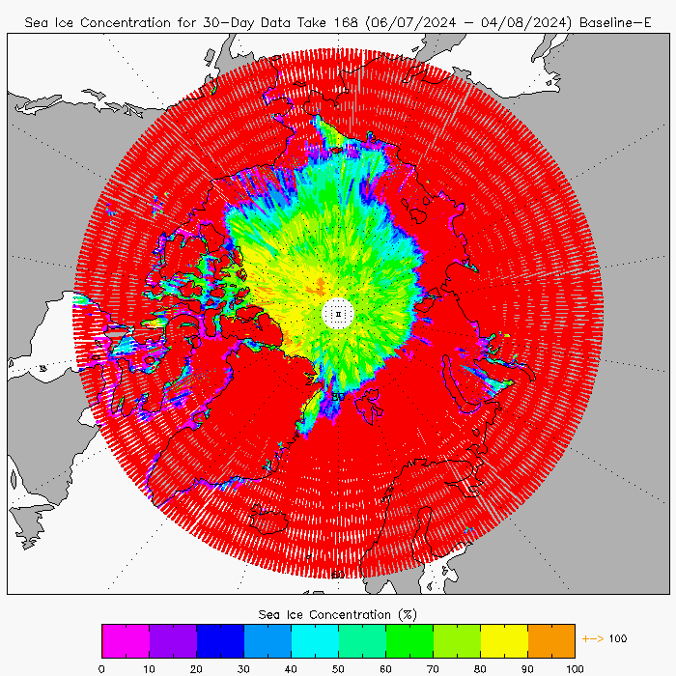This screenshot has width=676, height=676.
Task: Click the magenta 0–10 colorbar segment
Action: pos(126,640)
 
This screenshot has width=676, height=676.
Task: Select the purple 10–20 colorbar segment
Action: pos(173,640)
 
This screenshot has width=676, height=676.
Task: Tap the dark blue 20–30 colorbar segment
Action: pos(220,640)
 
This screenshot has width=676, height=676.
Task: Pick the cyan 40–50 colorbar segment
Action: pos(315,640)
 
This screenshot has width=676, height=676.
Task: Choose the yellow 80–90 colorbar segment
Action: pos(504,640)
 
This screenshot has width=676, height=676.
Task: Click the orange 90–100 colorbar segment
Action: pos(551,640)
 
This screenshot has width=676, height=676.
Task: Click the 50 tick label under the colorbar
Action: pos(338,667)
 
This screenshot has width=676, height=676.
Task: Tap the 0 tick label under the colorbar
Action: pos(101,667)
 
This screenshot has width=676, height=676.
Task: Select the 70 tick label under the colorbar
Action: pos(433,667)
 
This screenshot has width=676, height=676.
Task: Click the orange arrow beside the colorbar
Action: pos(592,638)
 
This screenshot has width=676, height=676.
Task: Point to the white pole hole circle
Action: pos(337,314)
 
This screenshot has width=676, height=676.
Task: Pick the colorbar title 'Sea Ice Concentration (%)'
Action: pos(338,614)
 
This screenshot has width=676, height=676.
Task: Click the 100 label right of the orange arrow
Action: pos(619,638)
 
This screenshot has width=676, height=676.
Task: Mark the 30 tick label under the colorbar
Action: pos(243,667)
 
